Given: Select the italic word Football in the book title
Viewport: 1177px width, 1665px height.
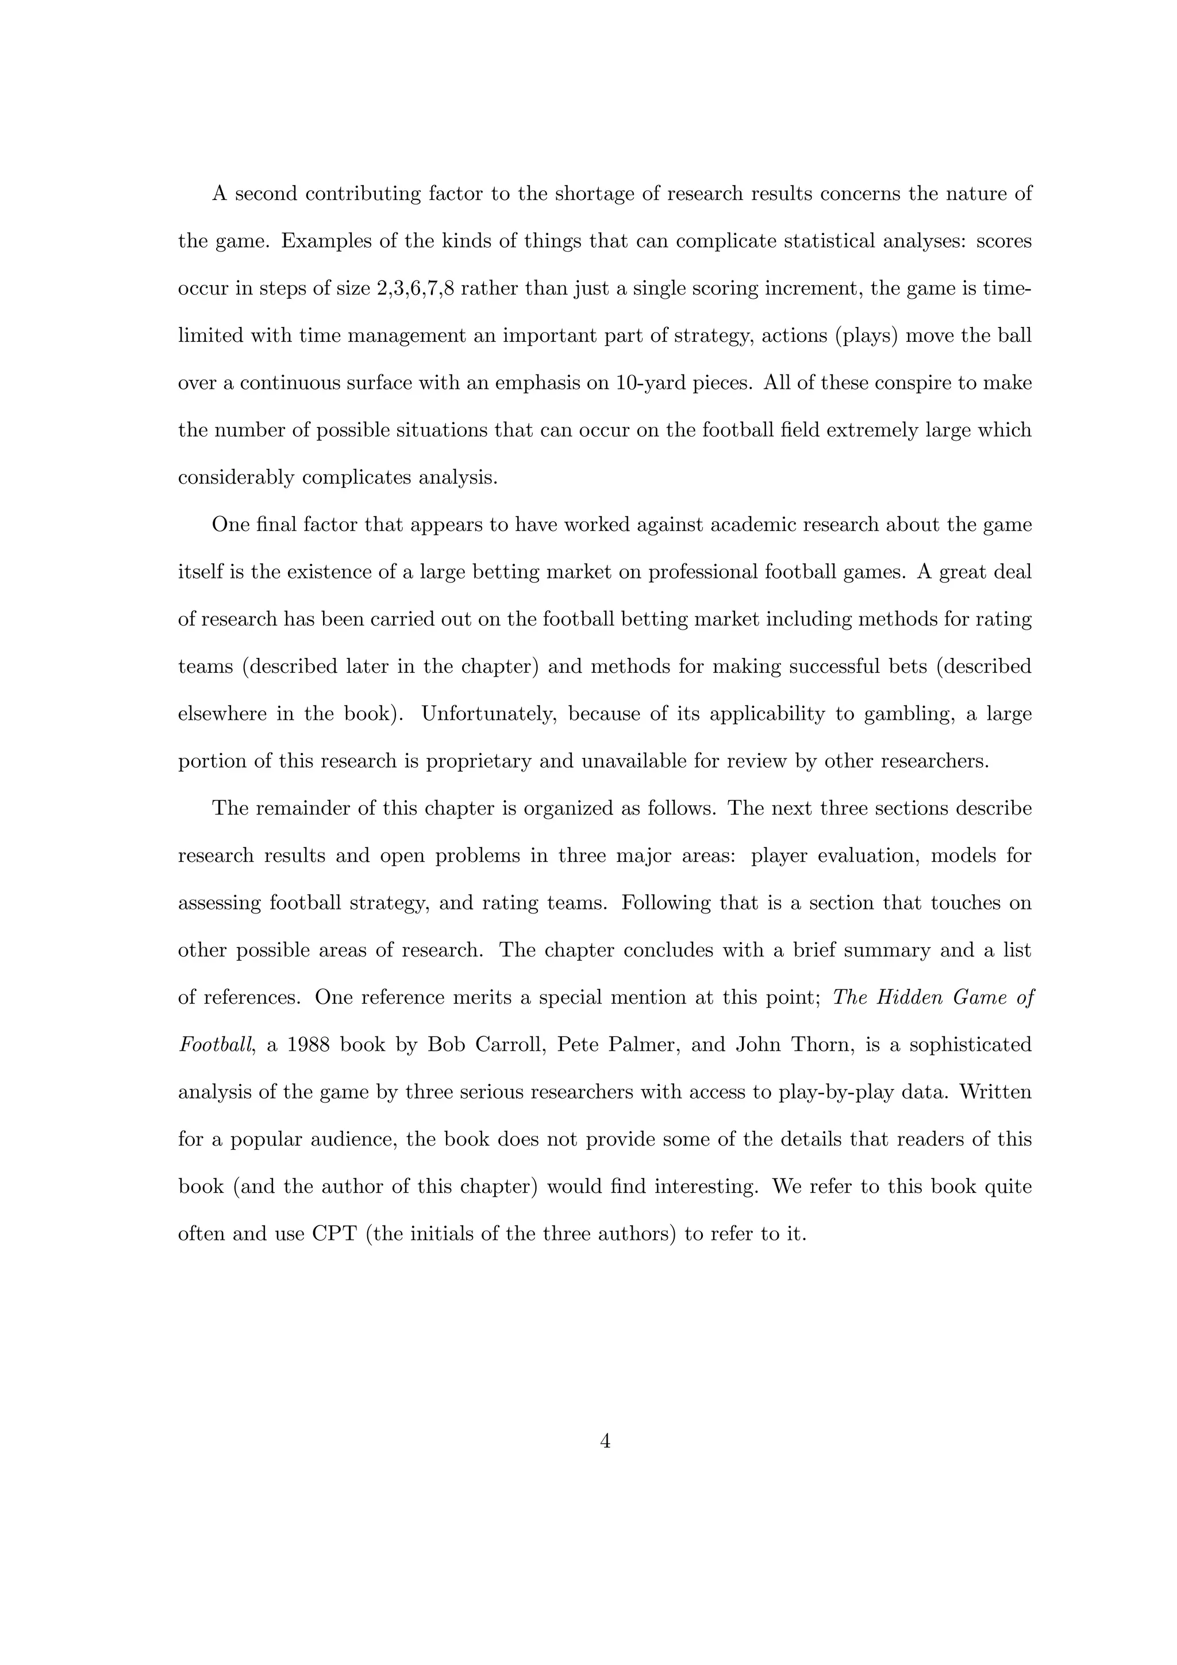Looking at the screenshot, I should point(216,1045).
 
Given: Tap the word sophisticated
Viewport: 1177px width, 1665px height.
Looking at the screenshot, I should point(970,1045).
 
